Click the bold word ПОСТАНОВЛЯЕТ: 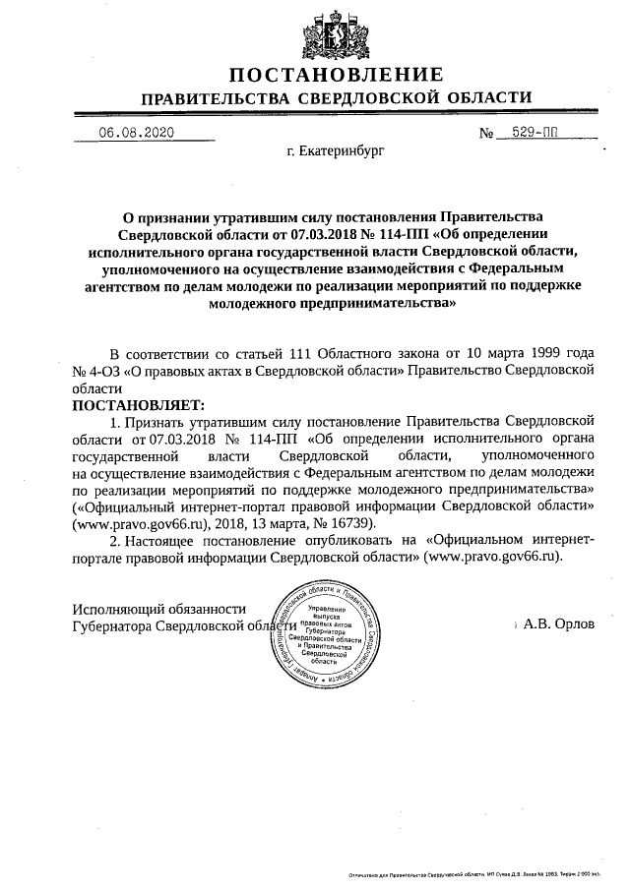pos(137,404)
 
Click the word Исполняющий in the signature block pos(120,609)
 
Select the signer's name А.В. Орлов pos(560,624)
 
